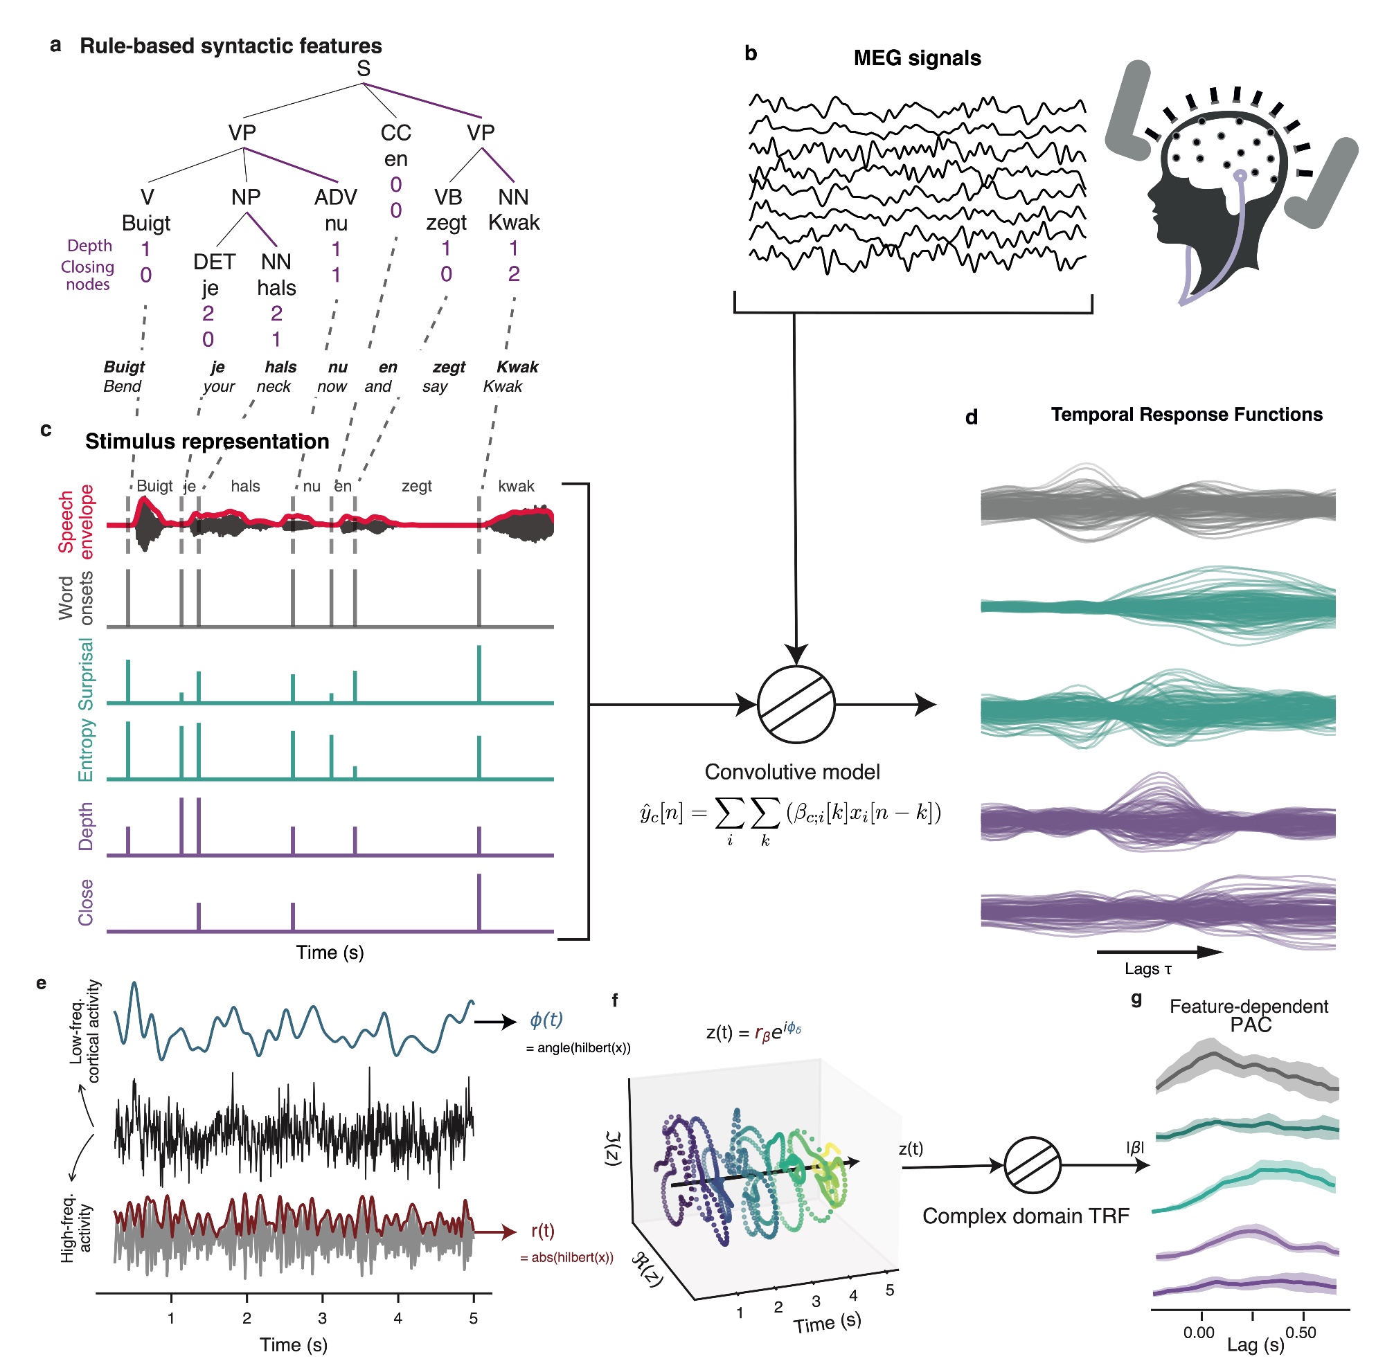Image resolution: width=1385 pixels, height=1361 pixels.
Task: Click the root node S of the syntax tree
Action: (x=364, y=69)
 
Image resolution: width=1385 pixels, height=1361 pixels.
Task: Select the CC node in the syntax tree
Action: (x=395, y=133)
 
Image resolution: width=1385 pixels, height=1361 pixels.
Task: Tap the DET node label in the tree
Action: (x=214, y=262)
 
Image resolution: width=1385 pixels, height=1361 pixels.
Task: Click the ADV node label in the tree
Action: (x=335, y=197)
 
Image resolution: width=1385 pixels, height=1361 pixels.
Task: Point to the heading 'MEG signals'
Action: (x=917, y=58)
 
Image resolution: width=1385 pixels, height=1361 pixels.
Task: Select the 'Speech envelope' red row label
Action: (x=75, y=521)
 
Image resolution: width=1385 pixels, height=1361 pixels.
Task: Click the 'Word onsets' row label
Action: (x=75, y=597)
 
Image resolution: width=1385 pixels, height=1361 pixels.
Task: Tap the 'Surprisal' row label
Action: (x=86, y=674)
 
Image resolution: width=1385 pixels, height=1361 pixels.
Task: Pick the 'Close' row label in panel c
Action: (x=86, y=902)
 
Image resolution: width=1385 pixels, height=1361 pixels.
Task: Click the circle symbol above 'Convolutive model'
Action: (x=795, y=705)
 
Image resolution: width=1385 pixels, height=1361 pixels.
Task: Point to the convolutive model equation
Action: (x=790, y=815)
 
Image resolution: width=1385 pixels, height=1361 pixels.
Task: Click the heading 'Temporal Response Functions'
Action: (x=1186, y=415)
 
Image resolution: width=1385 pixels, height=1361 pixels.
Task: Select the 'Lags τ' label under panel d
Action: (x=1147, y=968)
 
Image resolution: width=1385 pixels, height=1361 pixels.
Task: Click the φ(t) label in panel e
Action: (x=546, y=1019)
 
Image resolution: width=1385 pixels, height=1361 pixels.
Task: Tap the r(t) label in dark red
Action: (x=543, y=1231)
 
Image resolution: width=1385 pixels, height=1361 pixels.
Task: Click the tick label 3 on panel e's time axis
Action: (x=323, y=1318)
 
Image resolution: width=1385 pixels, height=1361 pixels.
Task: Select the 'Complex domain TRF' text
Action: (x=1026, y=1216)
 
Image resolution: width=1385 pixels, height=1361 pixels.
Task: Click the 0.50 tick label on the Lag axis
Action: (x=1300, y=1333)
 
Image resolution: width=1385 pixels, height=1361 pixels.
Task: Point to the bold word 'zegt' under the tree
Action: (x=449, y=368)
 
